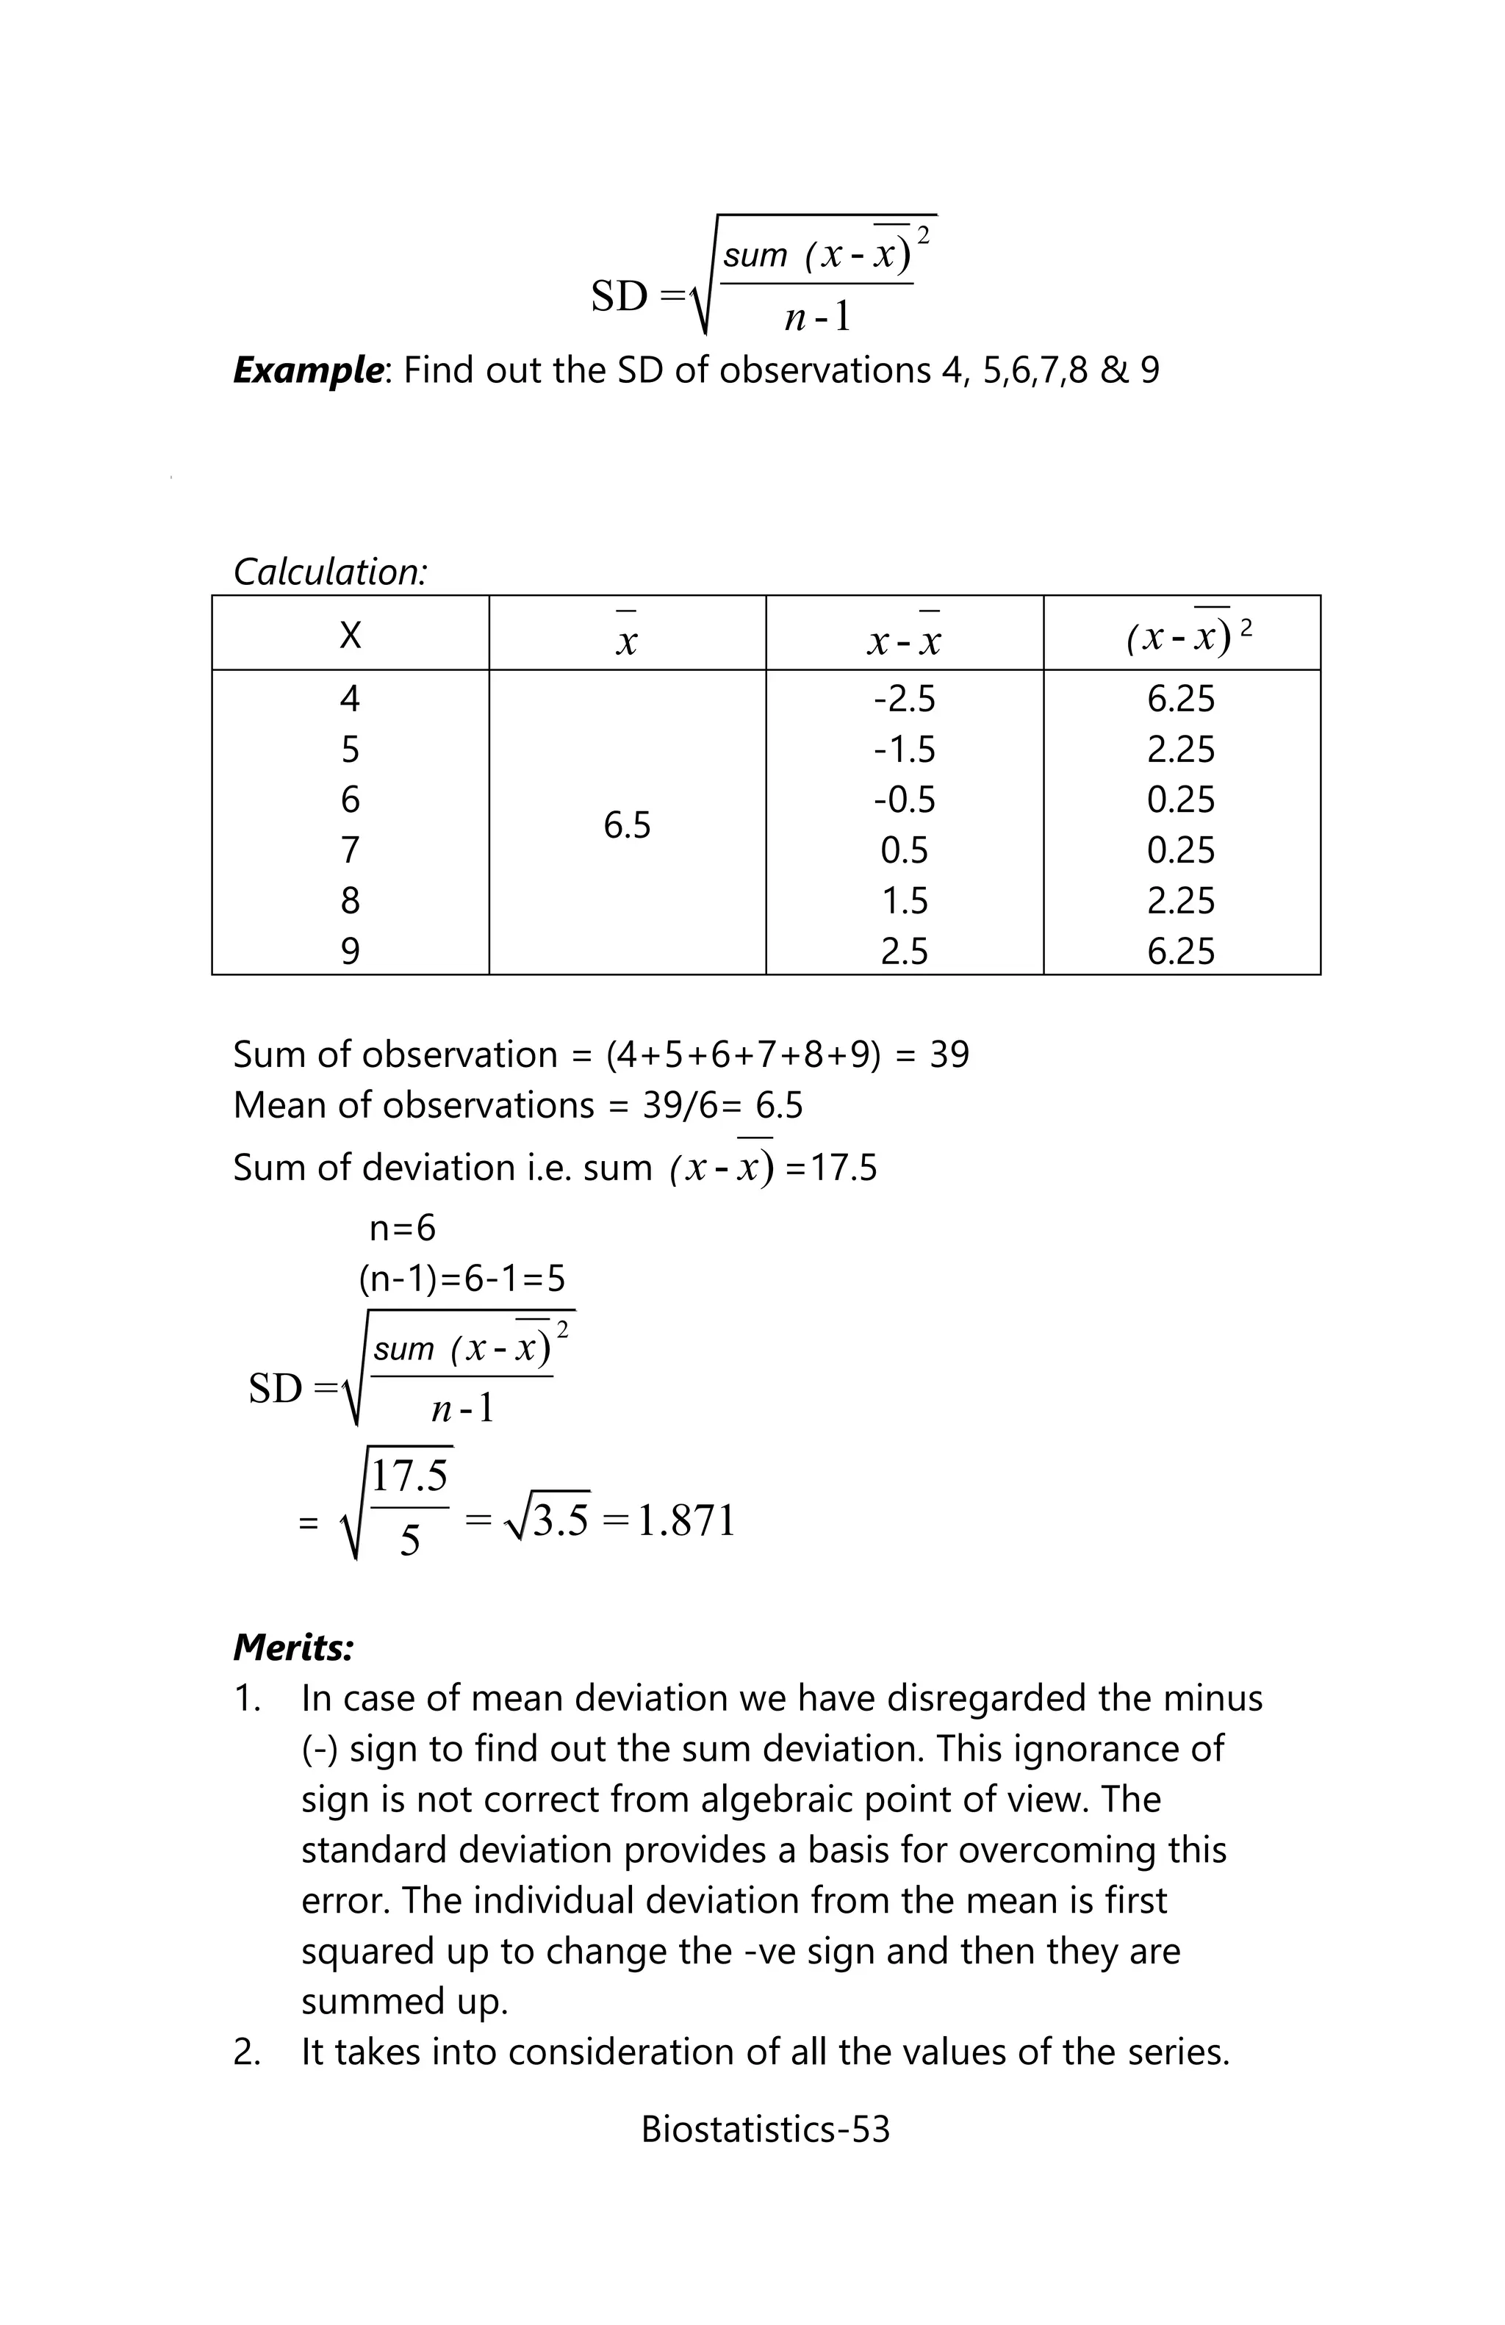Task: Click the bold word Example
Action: [x=306, y=370]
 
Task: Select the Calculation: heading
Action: [x=330, y=572]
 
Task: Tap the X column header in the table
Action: [x=350, y=636]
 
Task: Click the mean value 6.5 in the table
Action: [x=626, y=825]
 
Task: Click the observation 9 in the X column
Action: [x=350, y=951]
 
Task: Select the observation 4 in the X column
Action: [x=350, y=699]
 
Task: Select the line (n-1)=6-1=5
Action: [x=461, y=1278]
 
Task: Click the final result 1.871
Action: [x=686, y=1521]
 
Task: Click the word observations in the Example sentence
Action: [x=825, y=370]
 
